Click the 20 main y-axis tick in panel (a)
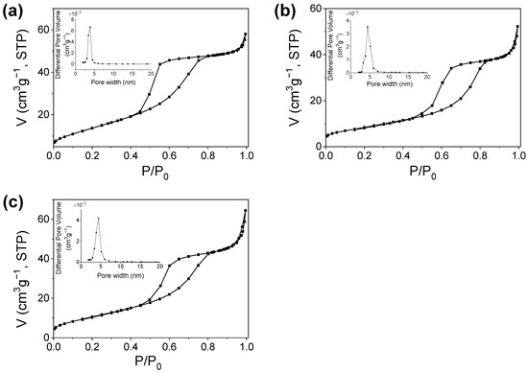[42, 114]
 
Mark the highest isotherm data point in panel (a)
[246, 34]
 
